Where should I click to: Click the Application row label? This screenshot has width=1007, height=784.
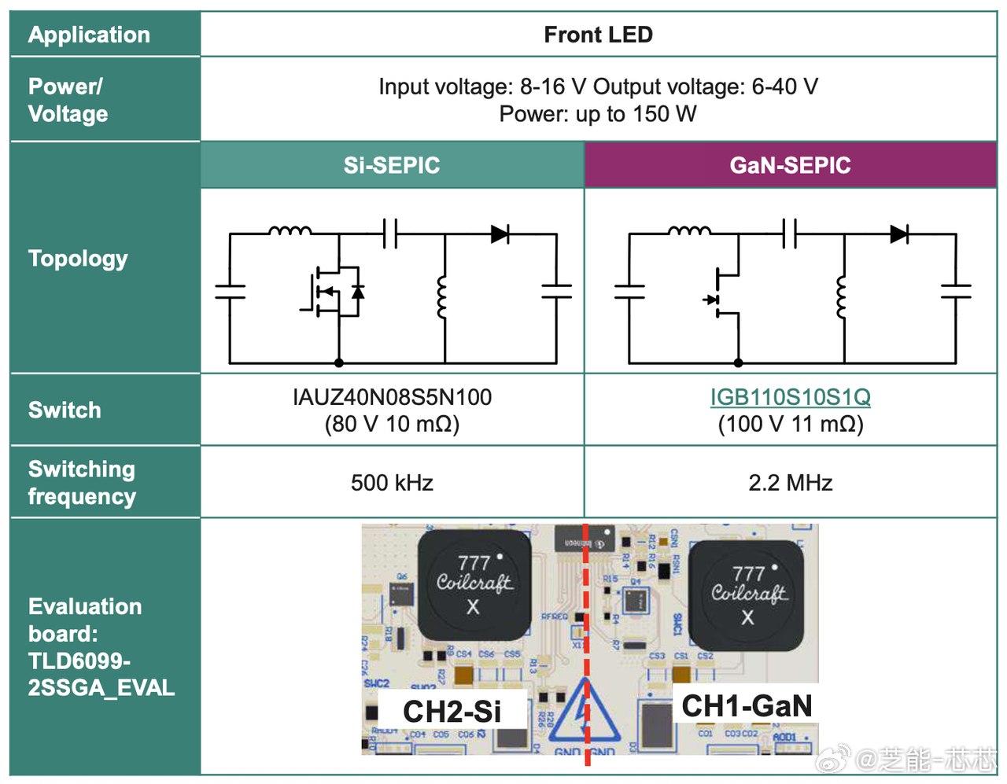point(89,35)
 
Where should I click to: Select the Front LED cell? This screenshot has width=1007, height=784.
point(598,35)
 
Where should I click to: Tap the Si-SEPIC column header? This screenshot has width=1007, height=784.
point(392,165)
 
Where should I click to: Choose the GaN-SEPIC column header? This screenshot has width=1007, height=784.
point(790,165)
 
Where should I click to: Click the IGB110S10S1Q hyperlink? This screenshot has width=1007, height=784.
point(790,397)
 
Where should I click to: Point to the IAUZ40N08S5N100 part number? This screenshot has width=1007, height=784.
point(392,397)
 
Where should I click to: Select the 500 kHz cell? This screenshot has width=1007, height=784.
point(392,482)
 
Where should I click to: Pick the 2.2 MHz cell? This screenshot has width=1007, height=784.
point(790,482)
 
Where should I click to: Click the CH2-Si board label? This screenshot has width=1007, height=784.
point(452,711)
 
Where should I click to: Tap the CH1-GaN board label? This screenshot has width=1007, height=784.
point(746,705)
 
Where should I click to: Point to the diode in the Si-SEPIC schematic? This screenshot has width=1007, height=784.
point(500,234)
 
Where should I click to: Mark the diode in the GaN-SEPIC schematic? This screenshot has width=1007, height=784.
point(899,234)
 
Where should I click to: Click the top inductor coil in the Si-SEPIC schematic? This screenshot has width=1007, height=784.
point(290,231)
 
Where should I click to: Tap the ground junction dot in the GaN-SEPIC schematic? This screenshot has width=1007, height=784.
point(738,363)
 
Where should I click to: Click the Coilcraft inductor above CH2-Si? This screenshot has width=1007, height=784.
point(474,584)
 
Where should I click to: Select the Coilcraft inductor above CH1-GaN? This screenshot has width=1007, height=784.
point(747,594)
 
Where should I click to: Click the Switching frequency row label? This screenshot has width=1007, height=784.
point(82,482)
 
